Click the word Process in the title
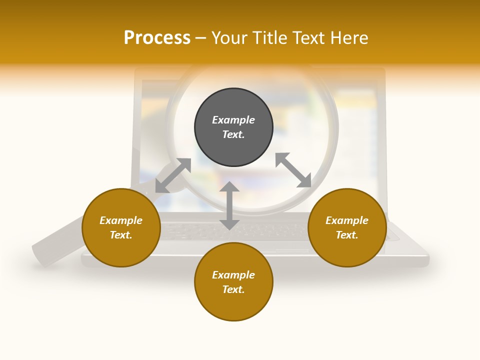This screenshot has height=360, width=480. pyautogui.click(x=157, y=38)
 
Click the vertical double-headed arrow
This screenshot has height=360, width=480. pyautogui.click(x=229, y=205)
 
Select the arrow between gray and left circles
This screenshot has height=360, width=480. pyautogui.click(x=173, y=175)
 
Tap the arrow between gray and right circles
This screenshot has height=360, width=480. pyautogui.click(x=293, y=170)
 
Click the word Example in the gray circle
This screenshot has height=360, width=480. pyautogui.click(x=233, y=120)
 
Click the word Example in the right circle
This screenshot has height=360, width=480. pyautogui.click(x=347, y=220)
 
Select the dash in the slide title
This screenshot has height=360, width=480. pyautogui.click(x=201, y=38)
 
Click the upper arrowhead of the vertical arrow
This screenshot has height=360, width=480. pyautogui.click(x=229, y=187)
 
